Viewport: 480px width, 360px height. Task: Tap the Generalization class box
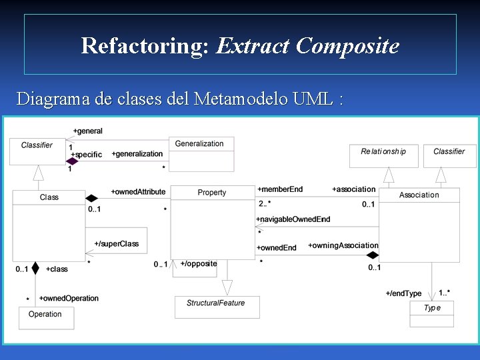pos(199,144)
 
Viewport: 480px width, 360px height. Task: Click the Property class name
pos(212,193)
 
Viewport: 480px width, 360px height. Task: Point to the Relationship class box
pos(383,152)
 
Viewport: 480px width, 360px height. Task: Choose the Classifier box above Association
pos(449,152)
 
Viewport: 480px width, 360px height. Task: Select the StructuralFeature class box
pos(216,303)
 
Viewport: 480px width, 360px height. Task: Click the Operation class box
pos(45,315)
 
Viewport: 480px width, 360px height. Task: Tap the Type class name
pos(432,308)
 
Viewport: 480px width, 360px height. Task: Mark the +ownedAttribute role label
pos(138,192)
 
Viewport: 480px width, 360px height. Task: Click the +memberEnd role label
pos(280,189)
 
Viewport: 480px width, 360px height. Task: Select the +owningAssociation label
pos(343,245)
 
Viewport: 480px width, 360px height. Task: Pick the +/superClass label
pos(117,244)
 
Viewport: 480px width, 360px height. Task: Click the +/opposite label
pos(199,264)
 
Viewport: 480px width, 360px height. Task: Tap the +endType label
pos(403,293)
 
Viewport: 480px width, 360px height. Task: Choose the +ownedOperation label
pos(69,298)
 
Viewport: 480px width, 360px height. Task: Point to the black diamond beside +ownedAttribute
pos(91,198)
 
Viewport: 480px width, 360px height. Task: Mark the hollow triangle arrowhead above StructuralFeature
pos(227,287)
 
